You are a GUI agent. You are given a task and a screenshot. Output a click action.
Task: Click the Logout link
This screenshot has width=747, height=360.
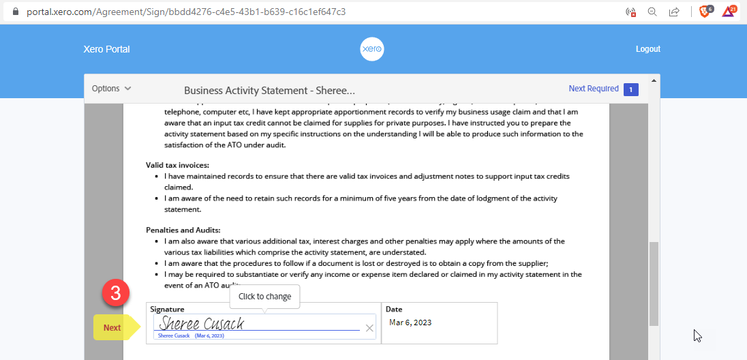[647, 49]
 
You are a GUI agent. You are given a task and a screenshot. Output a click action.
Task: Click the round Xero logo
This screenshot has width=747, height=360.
[371, 49]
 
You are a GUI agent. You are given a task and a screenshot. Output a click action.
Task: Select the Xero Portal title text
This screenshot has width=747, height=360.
[106, 49]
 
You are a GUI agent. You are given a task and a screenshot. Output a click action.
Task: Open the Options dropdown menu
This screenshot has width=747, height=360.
[112, 89]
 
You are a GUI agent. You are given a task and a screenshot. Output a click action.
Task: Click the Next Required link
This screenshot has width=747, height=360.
[594, 89]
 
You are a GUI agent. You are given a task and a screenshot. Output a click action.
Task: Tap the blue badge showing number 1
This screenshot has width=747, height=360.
[631, 89]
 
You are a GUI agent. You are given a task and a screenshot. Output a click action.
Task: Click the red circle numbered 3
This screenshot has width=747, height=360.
[116, 294]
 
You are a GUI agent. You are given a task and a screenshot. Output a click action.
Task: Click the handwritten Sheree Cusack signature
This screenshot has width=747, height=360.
[202, 324]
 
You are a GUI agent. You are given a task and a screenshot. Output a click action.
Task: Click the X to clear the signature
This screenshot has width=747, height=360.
[369, 328]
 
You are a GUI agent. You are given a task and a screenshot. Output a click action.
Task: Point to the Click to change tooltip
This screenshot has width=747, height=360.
[264, 297]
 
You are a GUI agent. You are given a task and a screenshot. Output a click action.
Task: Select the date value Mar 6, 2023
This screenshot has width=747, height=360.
[410, 322]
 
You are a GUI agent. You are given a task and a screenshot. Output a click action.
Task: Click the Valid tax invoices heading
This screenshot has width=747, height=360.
[177, 165]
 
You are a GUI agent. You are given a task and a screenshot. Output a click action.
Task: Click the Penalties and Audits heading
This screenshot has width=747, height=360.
[183, 230]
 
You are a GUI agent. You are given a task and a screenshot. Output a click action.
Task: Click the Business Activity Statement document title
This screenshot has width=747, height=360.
[269, 90]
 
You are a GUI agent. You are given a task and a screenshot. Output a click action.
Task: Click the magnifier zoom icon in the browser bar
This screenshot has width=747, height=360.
[652, 12]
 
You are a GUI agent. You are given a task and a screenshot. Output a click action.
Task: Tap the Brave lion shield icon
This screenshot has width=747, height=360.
[705, 12]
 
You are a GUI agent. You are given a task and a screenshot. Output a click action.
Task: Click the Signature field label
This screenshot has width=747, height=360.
[167, 309]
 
